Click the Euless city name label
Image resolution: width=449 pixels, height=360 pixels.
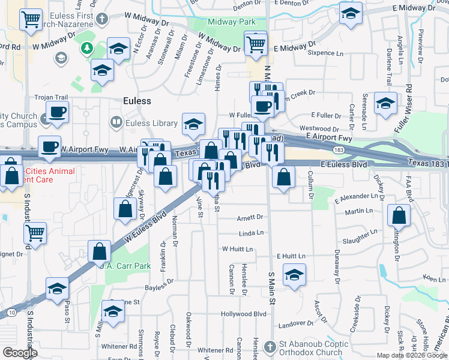[137, 101]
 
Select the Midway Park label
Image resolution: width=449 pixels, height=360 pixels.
[223, 22]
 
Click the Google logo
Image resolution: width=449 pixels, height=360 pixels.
[20, 353]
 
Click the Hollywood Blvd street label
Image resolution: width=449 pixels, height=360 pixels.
[243, 314]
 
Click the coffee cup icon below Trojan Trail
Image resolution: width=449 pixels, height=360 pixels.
[58, 112]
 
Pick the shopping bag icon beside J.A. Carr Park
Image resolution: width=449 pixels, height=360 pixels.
[99, 252]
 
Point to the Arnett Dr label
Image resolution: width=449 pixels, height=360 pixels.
[250, 217]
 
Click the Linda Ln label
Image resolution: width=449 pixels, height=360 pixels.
[252, 233]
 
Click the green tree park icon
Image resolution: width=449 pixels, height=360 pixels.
[87, 47]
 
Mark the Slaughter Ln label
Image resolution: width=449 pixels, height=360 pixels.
[360, 238]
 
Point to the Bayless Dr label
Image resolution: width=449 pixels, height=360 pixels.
[158, 280]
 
